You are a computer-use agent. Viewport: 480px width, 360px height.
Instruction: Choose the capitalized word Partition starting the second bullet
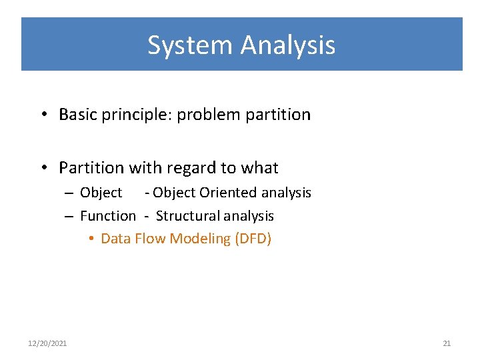click(91, 167)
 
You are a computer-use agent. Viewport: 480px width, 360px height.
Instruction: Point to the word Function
click(107, 216)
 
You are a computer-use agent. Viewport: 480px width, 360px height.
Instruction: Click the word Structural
click(189, 216)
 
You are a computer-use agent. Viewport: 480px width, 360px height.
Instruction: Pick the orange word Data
click(115, 239)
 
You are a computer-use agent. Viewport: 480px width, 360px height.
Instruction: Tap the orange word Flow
click(151, 239)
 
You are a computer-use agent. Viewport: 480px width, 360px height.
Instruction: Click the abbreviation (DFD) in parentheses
click(253, 239)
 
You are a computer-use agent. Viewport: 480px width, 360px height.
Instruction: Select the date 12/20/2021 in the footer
click(47, 343)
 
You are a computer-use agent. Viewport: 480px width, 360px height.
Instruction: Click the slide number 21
click(447, 343)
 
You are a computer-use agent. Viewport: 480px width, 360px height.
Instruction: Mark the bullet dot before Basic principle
click(42, 115)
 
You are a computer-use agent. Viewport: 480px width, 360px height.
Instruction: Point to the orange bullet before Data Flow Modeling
click(91, 239)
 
